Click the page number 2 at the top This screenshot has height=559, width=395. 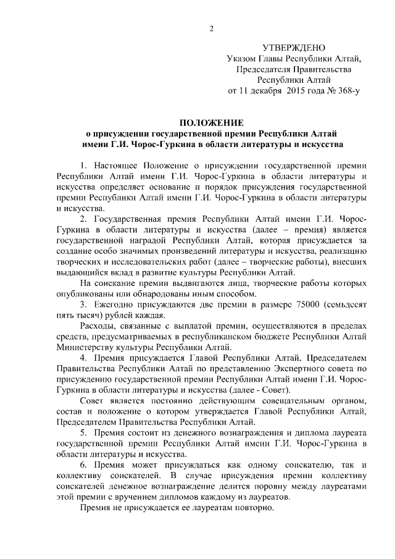210,27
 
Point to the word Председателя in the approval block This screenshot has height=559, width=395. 267,69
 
